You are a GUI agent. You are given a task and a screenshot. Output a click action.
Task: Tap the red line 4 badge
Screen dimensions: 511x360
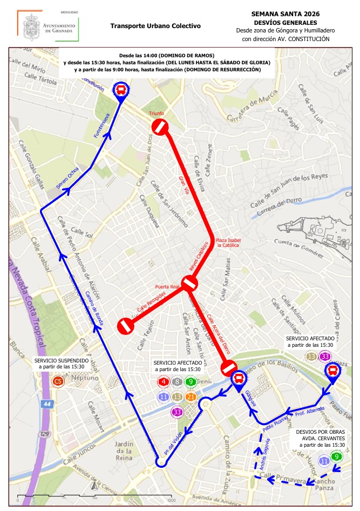pos(164,382)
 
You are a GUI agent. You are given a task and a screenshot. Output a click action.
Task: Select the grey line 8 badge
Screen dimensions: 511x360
pos(177,382)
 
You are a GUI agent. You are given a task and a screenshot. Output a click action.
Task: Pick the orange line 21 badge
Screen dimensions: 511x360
pos(191,397)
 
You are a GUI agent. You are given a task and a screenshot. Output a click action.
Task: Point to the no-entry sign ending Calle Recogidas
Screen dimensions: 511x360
pos(126,326)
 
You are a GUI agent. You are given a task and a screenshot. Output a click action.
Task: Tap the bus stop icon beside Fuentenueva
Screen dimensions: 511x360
pos(121,90)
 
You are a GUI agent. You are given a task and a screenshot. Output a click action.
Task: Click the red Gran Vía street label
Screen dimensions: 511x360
pos(184,181)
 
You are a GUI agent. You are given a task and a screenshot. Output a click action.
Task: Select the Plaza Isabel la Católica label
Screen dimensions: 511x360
pos(228,242)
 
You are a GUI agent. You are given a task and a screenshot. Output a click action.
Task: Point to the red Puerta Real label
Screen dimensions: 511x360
pos(167,286)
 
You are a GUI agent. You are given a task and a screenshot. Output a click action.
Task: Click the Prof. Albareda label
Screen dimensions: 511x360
pos(309,412)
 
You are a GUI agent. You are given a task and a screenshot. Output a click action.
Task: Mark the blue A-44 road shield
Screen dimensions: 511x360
pos(47,404)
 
